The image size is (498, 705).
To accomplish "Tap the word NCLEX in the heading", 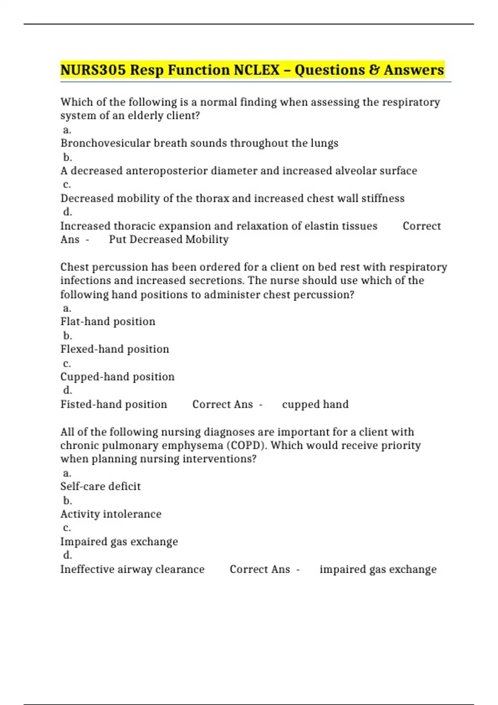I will click(x=256, y=70).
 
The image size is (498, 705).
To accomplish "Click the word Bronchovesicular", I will click(x=105, y=143).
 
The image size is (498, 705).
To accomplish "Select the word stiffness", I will click(x=383, y=198).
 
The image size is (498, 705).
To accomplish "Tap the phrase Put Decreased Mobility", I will click(x=168, y=239).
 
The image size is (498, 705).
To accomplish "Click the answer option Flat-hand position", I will click(x=108, y=321).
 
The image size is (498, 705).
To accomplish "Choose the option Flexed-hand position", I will click(x=115, y=349).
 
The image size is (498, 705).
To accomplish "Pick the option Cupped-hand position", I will click(x=117, y=377).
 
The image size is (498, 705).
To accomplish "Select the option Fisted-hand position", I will click(x=114, y=404).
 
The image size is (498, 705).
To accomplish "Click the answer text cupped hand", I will click(x=315, y=404).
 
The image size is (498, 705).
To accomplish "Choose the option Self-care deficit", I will click(x=100, y=486).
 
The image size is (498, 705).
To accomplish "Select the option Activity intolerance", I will click(x=111, y=514).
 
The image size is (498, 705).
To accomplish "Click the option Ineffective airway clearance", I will click(x=132, y=569).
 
